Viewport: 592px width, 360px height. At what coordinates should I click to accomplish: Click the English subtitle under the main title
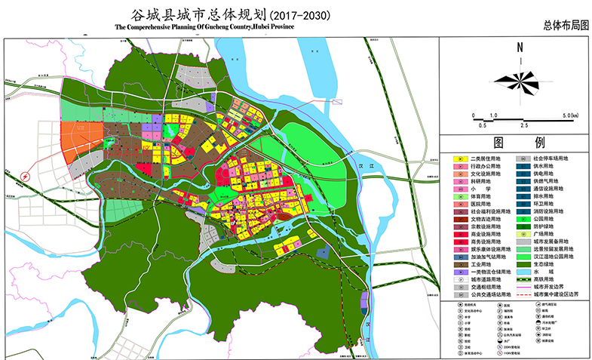tap(204, 26)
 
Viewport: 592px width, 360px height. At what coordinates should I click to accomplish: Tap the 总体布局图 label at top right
tap(564, 25)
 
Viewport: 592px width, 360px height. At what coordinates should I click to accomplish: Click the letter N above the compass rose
tap(520, 48)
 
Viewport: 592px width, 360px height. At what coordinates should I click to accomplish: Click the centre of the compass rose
tap(520, 77)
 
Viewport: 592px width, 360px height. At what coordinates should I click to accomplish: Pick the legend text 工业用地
tap(480, 265)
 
